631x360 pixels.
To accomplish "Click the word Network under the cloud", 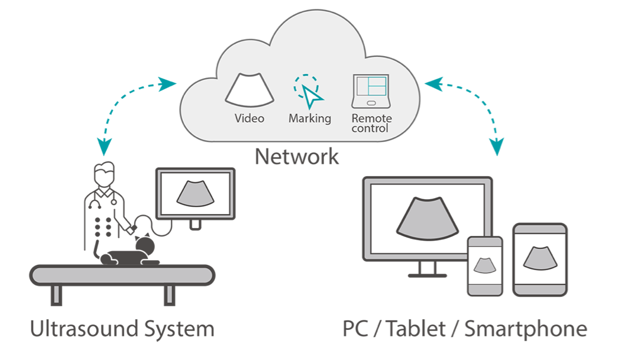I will pos(296,157).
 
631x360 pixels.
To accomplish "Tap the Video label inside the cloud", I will pos(249,118).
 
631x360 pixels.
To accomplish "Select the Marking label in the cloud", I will pos(309,118).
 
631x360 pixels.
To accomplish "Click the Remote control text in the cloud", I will pos(371,123).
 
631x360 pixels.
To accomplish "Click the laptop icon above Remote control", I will pos(370,90).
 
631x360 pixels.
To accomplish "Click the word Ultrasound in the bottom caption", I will pos(80,328).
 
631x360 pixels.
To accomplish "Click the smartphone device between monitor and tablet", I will pos(485,266).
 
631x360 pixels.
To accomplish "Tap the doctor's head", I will pos(104,172).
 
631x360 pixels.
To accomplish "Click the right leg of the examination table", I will pos(169,296).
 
